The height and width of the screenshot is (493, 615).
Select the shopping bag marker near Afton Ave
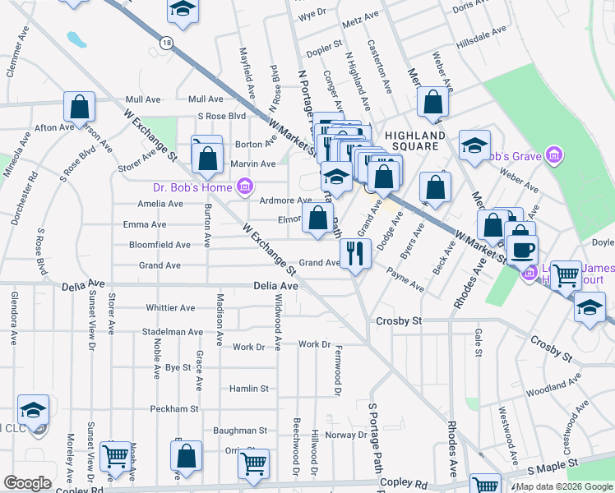(80, 106)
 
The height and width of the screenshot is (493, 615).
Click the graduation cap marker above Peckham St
(34, 409)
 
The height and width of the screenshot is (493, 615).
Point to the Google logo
(27, 483)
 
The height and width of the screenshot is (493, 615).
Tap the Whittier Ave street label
(170, 308)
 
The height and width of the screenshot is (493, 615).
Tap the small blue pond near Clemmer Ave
(76, 39)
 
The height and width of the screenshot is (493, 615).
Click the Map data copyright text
(563, 486)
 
